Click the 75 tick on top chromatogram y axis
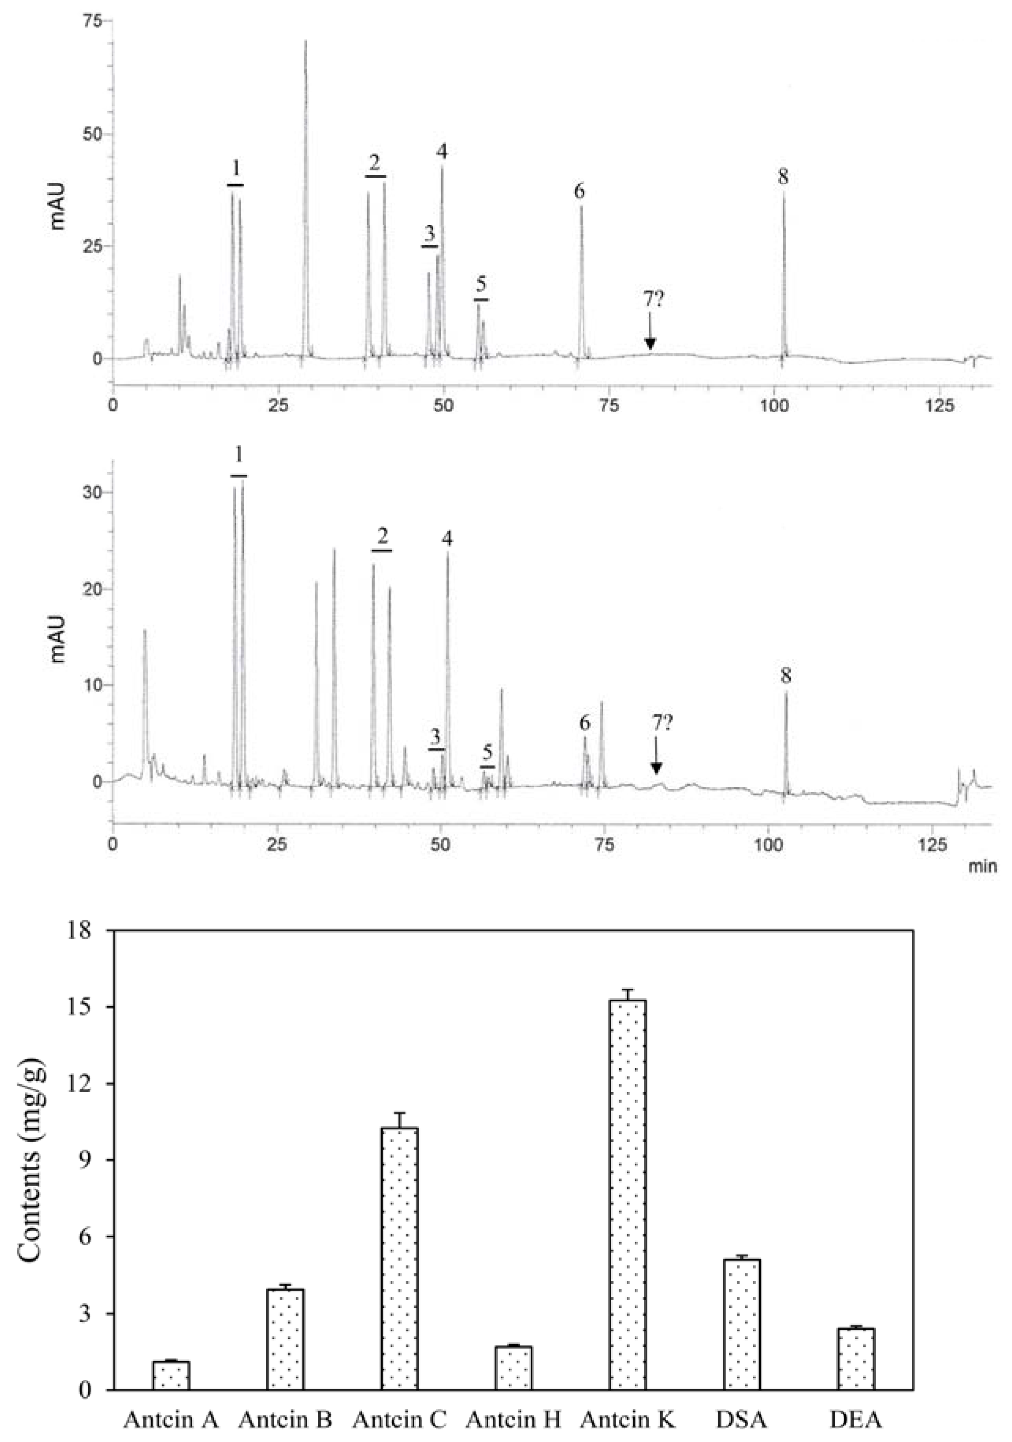coord(92,21)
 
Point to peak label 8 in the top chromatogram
coord(783,177)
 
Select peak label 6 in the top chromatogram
coord(578,190)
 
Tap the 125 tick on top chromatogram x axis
coord(939,406)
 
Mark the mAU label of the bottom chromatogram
coord(58,639)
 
